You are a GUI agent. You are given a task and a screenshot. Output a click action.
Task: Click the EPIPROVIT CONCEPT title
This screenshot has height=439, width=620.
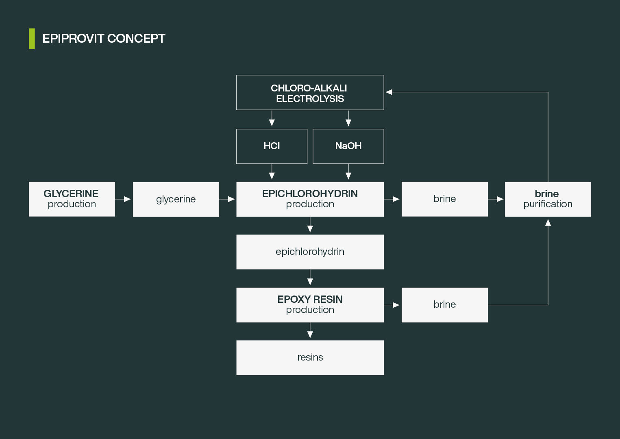tap(104, 39)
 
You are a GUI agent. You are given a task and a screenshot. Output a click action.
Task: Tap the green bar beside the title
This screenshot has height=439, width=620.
tap(32, 39)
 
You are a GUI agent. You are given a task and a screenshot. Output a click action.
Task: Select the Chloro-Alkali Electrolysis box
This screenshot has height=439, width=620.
tap(310, 93)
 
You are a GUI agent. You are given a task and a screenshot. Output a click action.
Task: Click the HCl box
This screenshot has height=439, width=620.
tap(272, 146)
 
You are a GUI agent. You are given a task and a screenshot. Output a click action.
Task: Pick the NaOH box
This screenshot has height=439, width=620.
tap(348, 146)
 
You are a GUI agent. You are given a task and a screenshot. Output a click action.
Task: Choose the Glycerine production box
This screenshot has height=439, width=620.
tap(72, 199)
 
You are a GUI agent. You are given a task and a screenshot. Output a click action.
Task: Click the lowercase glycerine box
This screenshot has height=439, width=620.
tap(176, 199)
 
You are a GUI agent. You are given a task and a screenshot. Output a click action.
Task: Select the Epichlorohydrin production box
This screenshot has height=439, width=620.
tap(310, 199)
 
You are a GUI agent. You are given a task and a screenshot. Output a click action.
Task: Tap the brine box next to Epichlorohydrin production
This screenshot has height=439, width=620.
tap(444, 199)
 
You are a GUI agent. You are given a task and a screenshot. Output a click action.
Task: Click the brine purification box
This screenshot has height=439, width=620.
tap(548, 199)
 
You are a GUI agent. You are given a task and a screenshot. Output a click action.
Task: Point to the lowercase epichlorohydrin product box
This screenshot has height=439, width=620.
tap(310, 252)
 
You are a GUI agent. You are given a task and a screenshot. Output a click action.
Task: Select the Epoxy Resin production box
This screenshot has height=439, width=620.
tap(310, 305)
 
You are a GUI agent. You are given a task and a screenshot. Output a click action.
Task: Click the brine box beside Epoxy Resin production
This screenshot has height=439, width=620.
tap(444, 305)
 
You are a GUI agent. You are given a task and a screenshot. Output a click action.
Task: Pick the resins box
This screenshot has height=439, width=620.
tap(310, 358)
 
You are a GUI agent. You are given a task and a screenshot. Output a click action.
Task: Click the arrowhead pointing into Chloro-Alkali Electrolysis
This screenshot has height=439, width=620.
tap(389, 92)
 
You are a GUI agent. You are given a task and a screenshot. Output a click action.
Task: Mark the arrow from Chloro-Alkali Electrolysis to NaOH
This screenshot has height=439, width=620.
tap(348, 119)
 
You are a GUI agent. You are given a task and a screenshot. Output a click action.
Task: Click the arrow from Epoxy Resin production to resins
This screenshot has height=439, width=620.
tap(310, 331)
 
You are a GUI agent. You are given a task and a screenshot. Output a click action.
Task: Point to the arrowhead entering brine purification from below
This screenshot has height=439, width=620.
tap(548, 223)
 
